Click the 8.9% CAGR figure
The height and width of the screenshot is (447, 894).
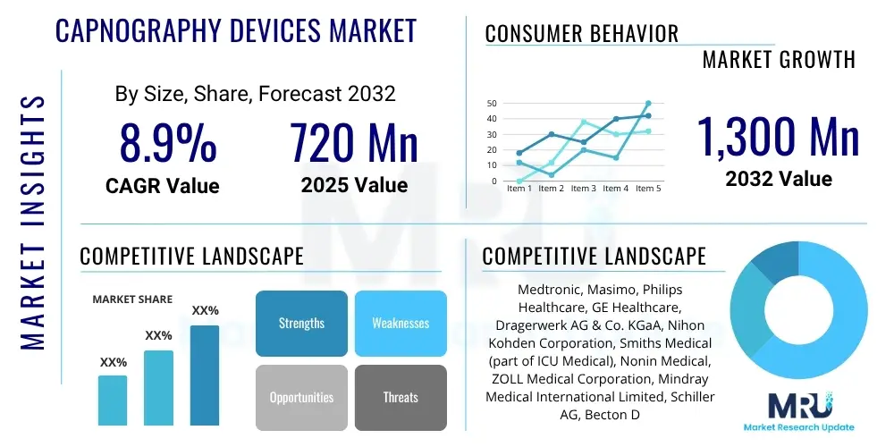[168, 143]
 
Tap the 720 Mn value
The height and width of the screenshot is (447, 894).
[354, 143]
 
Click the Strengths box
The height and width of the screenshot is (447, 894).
[301, 323]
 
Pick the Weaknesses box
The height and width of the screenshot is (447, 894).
[401, 323]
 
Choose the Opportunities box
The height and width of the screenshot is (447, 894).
[301, 397]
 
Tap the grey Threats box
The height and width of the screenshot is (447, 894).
[401, 397]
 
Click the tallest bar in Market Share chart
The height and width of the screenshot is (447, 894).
[205, 375]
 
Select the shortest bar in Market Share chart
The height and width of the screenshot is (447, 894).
[113, 400]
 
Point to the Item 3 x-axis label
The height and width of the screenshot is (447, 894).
[583, 189]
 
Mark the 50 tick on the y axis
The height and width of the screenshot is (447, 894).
[491, 104]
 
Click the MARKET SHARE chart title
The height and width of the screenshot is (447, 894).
[132, 299]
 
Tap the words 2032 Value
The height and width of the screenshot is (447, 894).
[778, 179]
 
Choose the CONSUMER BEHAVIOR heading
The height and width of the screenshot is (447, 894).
[581, 34]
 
